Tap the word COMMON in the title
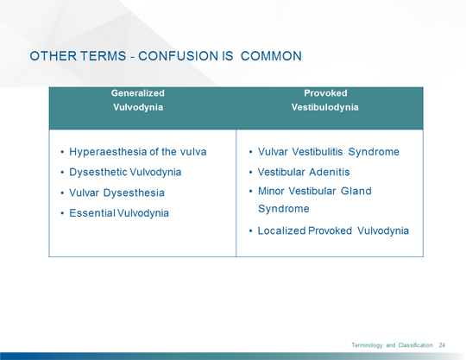point(271,56)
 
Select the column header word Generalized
point(137,92)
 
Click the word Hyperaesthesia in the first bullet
point(109,152)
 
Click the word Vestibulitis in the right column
point(314,152)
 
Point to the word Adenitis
point(327,172)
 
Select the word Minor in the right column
point(274,191)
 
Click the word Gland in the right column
point(355,191)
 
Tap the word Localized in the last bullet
point(283,231)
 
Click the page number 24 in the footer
point(442,345)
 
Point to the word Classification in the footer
point(415,345)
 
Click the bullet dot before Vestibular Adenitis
point(250,172)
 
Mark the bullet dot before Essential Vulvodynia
point(62,212)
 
